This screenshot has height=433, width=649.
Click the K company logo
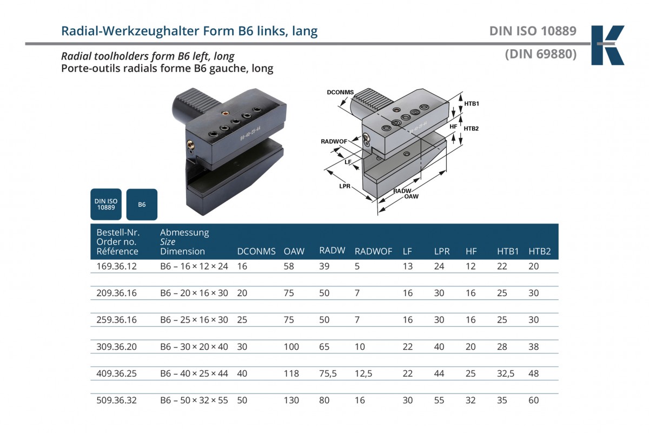pos(607,45)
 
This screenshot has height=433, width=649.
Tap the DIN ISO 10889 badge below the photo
pos(106,204)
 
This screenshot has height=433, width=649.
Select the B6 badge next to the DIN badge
pos(142,205)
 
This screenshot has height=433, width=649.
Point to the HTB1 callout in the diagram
pos(472,103)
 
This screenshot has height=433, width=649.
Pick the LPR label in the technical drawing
pos(344,186)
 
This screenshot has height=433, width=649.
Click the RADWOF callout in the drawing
pos(333,141)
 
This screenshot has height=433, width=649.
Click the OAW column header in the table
pos(294,251)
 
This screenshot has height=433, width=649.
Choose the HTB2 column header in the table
pos(539,251)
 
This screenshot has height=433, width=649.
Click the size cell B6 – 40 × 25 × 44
pos(194,373)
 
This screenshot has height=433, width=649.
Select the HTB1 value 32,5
pos(506,373)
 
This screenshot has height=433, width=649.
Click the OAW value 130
pos(291,401)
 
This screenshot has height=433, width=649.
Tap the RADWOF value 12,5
pos(364,373)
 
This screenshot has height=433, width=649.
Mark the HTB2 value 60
pos(533,401)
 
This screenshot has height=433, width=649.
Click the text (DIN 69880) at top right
pos(540,54)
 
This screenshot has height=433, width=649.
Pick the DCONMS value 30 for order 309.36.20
pos(242,347)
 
